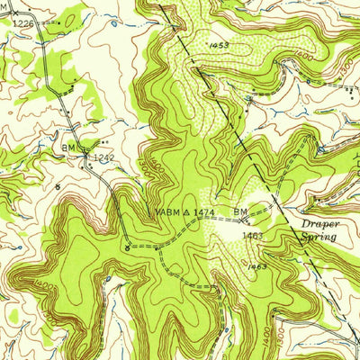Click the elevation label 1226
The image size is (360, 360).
(22, 22)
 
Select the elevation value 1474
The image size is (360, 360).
(204, 211)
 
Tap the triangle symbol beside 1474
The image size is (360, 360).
(186, 211)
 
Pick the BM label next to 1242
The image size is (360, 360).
(69, 146)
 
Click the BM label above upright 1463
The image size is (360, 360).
(241, 211)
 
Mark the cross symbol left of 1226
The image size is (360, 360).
(4, 22)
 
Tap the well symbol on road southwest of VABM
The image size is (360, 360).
(127, 246)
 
